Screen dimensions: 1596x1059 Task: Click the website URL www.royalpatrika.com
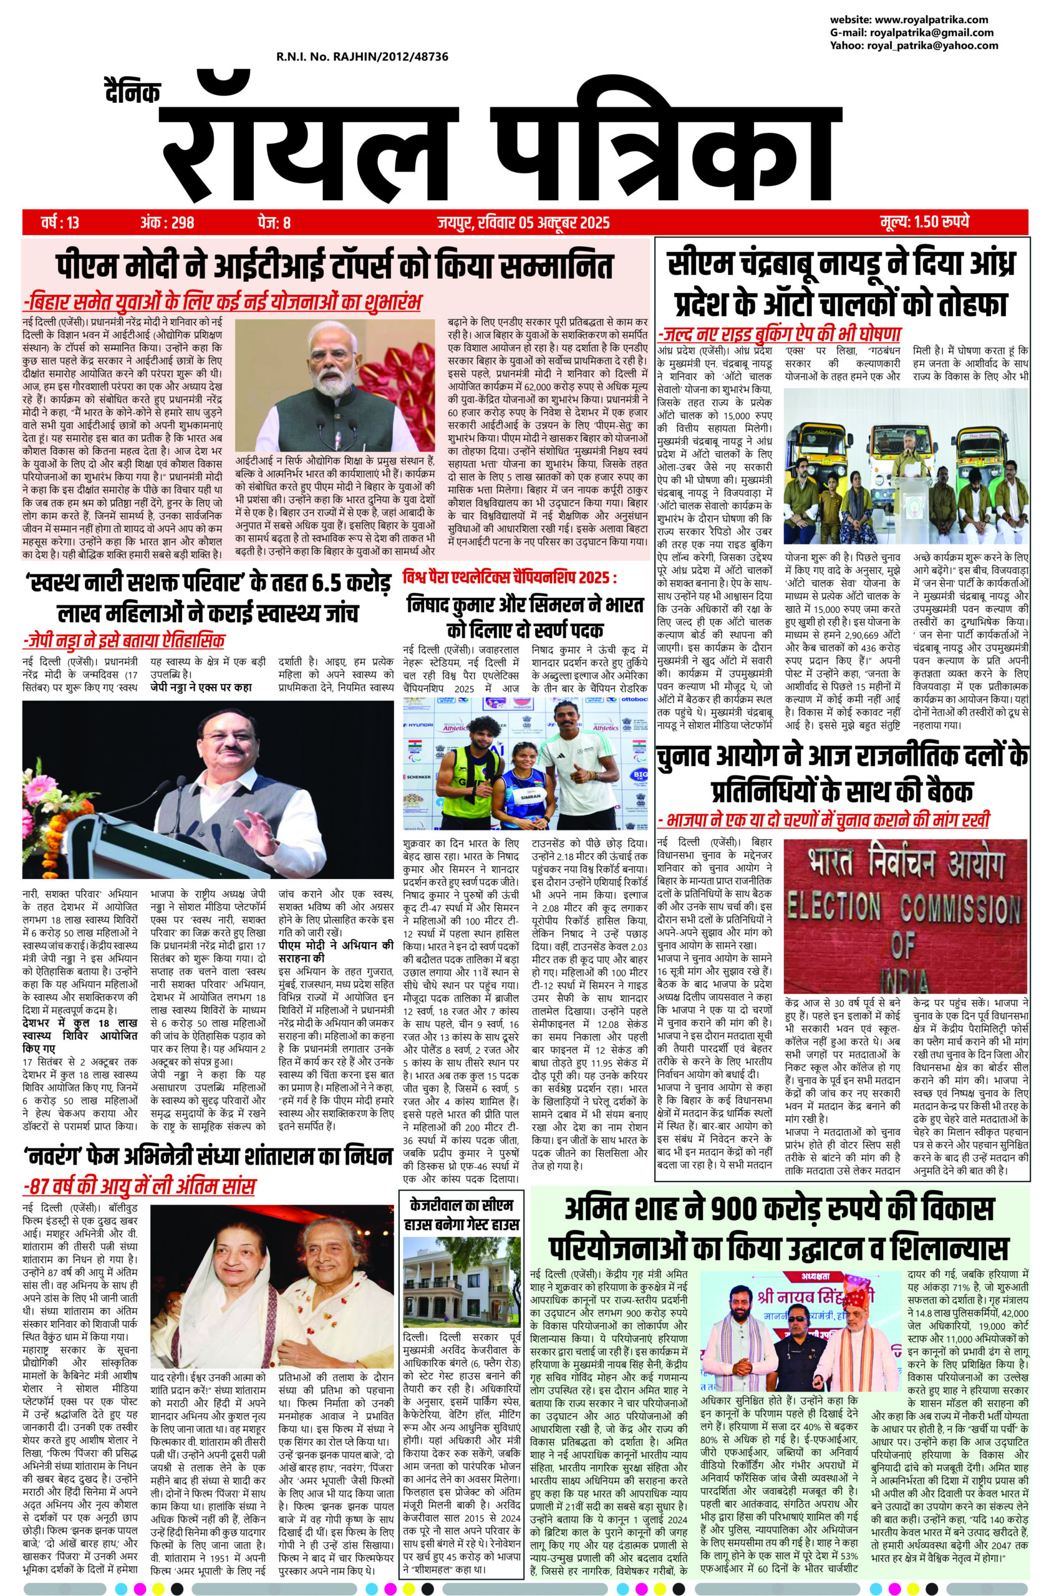(939, 20)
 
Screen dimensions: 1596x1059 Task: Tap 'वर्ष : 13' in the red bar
(60, 222)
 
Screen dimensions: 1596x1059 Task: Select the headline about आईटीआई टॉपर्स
(336, 266)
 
